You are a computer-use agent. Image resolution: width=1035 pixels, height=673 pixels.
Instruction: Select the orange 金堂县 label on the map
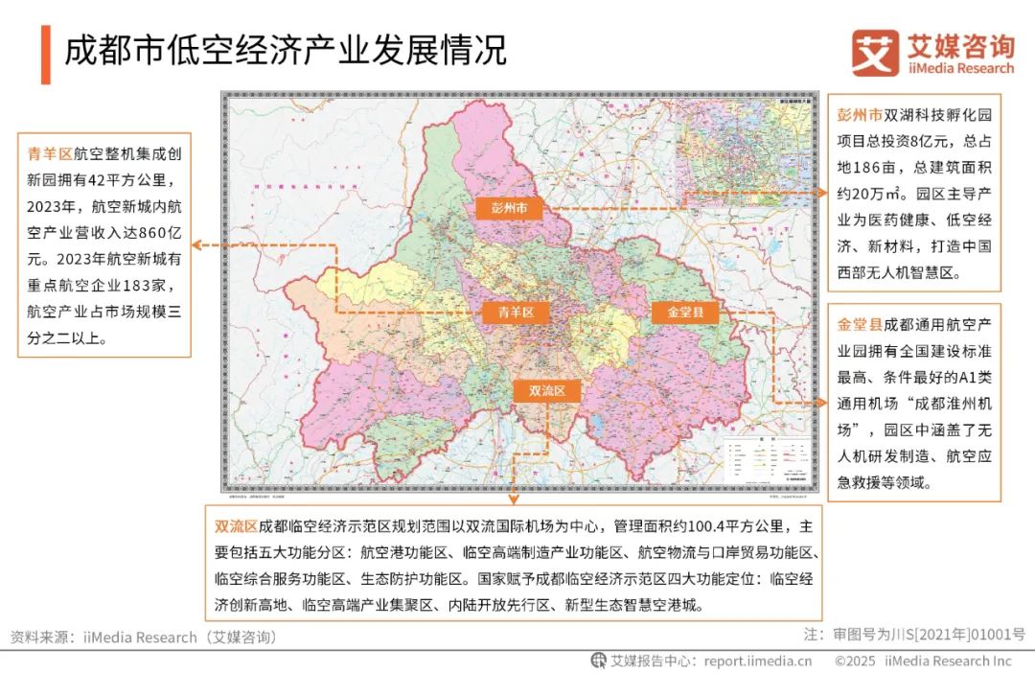pyautogui.click(x=685, y=312)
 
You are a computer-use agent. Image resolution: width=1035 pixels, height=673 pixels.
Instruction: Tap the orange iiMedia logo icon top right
pyautogui.click(x=875, y=53)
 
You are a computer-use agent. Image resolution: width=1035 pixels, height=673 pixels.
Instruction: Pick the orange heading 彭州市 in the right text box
pyautogui.click(x=860, y=114)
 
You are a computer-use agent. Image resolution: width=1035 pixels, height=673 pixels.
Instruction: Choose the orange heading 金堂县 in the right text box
pyautogui.click(x=860, y=325)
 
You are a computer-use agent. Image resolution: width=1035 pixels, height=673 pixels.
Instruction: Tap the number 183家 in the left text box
pyautogui.click(x=146, y=285)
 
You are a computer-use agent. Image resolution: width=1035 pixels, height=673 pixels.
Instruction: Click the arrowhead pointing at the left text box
pyautogui.click(x=196, y=244)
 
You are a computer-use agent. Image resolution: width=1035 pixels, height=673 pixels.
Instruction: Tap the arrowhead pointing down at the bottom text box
pyautogui.click(x=513, y=499)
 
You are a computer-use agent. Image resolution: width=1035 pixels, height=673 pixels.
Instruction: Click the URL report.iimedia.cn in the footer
pyautogui.click(x=758, y=661)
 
